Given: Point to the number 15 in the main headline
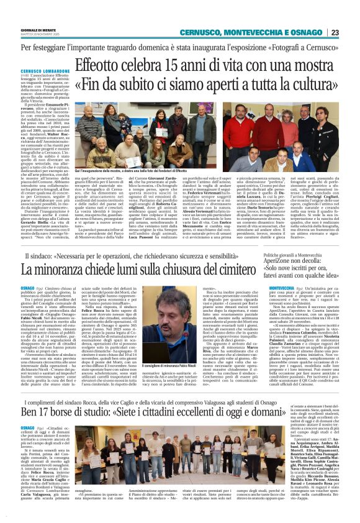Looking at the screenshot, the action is click(x=184, y=63).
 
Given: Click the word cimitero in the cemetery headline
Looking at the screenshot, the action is click(x=222, y=269).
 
